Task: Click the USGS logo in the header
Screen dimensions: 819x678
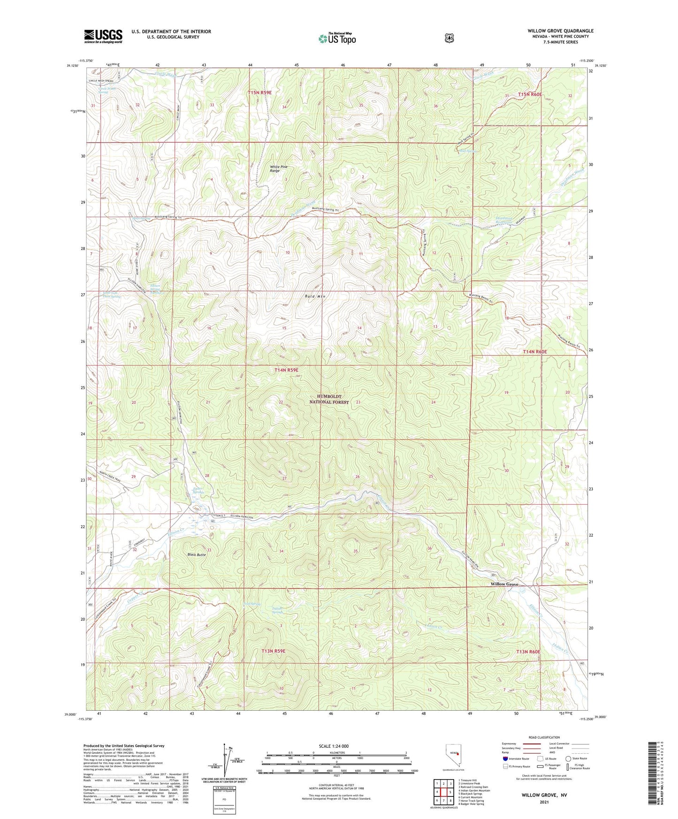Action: (103, 36)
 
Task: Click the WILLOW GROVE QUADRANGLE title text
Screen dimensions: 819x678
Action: (560, 31)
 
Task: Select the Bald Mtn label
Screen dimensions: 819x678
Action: (315, 296)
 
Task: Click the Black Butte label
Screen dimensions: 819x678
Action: (197, 554)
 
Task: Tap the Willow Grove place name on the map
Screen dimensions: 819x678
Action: (504, 584)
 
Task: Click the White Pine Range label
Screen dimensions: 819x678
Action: (279, 169)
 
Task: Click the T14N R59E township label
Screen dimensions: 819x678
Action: (286, 370)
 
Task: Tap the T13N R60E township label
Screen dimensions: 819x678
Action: (528, 652)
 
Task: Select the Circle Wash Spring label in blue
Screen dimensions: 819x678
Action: (107, 90)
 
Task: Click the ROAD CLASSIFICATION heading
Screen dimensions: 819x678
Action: (545, 738)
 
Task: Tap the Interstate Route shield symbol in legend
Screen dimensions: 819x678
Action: (505, 758)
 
